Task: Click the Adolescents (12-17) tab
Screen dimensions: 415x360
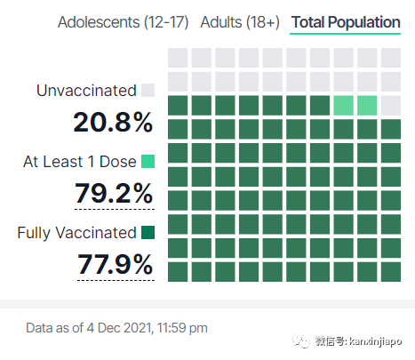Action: pyautogui.click(x=123, y=22)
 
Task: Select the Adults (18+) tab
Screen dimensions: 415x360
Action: pyautogui.click(x=240, y=22)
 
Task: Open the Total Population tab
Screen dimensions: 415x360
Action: pyautogui.click(x=346, y=22)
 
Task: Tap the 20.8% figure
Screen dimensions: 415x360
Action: pyautogui.click(x=113, y=122)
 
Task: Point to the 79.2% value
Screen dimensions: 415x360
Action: pyautogui.click(x=114, y=193)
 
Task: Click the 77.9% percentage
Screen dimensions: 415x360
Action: pyautogui.click(x=116, y=264)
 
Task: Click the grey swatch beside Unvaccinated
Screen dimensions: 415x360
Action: pyautogui.click(x=148, y=90)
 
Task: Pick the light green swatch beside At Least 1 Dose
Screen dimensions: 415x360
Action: pyautogui.click(x=148, y=161)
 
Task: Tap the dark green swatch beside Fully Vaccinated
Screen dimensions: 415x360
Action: pyautogui.click(x=148, y=232)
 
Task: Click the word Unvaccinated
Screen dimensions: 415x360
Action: pyautogui.click(x=86, y=91)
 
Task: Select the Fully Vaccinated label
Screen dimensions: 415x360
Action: pyautogui.click(x=76, y=233)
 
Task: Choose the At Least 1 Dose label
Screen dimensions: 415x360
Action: pyautogui.click(x=80, y=162)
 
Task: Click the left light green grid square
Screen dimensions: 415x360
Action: pyautogui.click(x=344, y=106)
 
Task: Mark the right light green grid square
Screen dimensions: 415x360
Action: pyautogui.click(x=367, y=106)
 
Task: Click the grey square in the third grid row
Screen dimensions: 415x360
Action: pyautogui.click(x=391, y=106)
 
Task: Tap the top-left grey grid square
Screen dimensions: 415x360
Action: pyautogui.click(x=178, y=58)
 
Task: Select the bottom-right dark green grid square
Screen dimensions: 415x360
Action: pyautogui.click(x=391, y=272)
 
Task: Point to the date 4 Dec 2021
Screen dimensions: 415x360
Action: pyautogui.click(x=120, y=328)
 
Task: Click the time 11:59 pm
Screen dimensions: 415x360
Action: pyautogui.click(x=182, y=328)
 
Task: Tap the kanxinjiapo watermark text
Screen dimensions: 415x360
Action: pyautogui.click(x=376, y=341)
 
